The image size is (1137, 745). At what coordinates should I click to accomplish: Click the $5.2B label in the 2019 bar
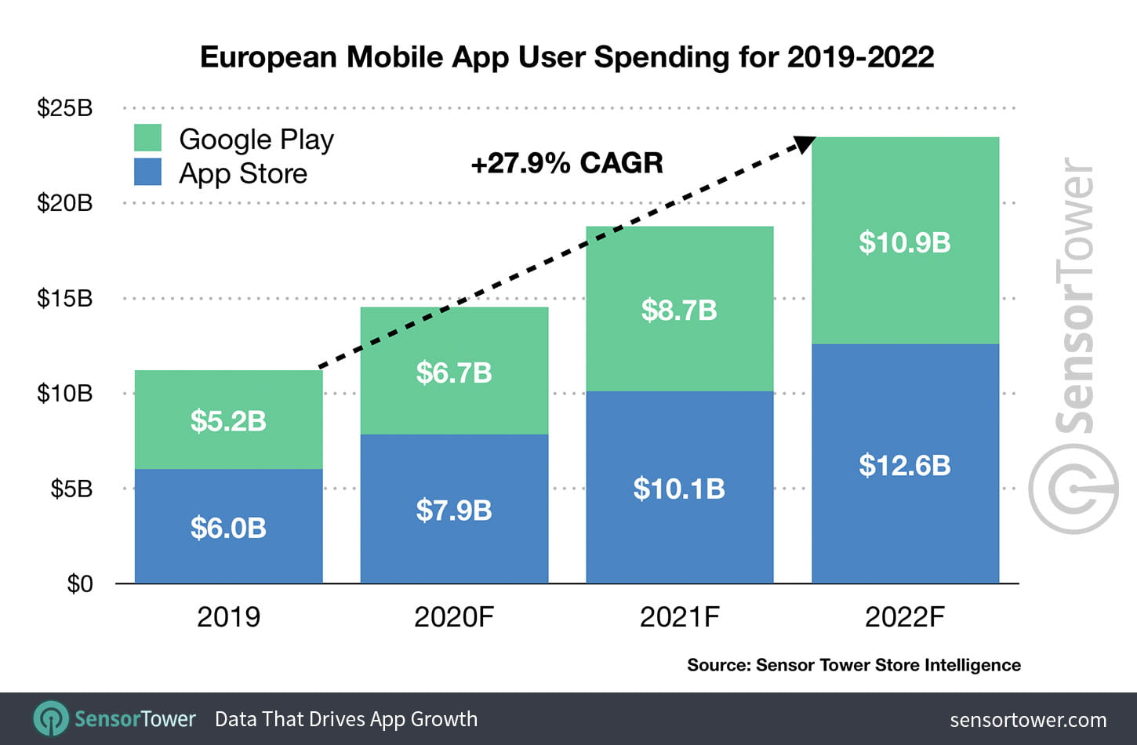pyautogui.click(x=228, y=421)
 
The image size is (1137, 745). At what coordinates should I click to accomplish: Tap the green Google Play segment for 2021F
pyautogui.click(x=679, y=345)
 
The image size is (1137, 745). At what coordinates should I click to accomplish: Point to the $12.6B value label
pyautogui.click(x=904, y=465)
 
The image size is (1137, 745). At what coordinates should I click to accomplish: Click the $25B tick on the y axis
pyautogui.click(x=64, y=107)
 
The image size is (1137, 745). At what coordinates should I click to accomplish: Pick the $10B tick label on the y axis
pyautogui.click(x=64, y=393)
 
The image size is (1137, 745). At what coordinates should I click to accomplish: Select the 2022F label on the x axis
pyautogui.click(x=904, y=617)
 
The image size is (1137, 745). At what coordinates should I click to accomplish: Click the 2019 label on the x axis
pyautogui.click(x=228, y=617)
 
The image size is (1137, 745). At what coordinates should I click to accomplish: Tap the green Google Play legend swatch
pyautogui.click(x=147, y=138)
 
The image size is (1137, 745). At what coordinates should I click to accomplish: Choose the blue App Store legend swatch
pyautogui.click(x=147, y=172)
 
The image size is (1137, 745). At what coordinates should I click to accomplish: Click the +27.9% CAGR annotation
pyautogui.click(x=566, y=163)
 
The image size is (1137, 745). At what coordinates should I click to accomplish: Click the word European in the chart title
pyautogui.click(x=269, y=57)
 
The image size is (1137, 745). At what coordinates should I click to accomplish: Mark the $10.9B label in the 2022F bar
pyautogui.click(x=904, y=242)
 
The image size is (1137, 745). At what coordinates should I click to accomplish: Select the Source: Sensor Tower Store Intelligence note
pyautogui.click(x=853, y=665)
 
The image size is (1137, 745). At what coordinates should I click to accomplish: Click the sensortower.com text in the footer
pyautogui.click(x=1027, y=720)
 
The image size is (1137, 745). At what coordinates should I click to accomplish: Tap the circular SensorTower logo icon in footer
pyautogui.click(x=51, y=718)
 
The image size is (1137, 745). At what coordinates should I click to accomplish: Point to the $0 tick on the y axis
pyautogui.click(x=79, y=584)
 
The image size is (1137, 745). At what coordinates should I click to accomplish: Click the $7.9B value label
pyautogui.click(x=454, y=511)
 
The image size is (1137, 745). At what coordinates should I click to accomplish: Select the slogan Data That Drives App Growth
pyautogui.click(x=346, y=719)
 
